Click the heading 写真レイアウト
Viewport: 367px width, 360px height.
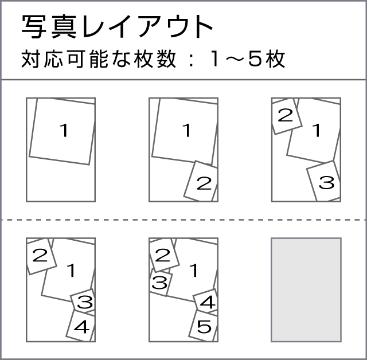(117, 26)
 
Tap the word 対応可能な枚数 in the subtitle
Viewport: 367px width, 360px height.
(99, 59)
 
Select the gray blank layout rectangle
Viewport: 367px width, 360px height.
(306, 290)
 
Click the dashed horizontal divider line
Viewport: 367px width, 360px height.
(183, 220)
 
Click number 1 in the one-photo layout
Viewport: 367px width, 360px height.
(64, 130)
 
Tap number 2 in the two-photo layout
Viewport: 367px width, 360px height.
(204, 183)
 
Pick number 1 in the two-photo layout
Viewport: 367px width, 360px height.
(187, 130)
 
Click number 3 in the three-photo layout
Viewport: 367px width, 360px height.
(326, 183)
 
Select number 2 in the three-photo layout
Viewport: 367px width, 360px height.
(286, 115)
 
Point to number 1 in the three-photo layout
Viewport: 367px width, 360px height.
(317, 130)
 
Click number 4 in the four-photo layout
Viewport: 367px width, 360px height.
(81, 327)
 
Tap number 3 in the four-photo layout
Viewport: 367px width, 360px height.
(85, 302)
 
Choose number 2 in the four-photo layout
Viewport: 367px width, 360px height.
(40, 255)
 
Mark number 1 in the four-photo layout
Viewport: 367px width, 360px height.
(71, 271)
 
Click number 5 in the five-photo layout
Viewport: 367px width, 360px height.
(204, 326)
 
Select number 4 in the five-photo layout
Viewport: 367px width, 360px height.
(208, 302)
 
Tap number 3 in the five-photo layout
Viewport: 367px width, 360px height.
(159, 283)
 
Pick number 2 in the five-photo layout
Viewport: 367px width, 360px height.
(162, 255)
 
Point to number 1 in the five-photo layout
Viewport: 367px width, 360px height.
(194, 271)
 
